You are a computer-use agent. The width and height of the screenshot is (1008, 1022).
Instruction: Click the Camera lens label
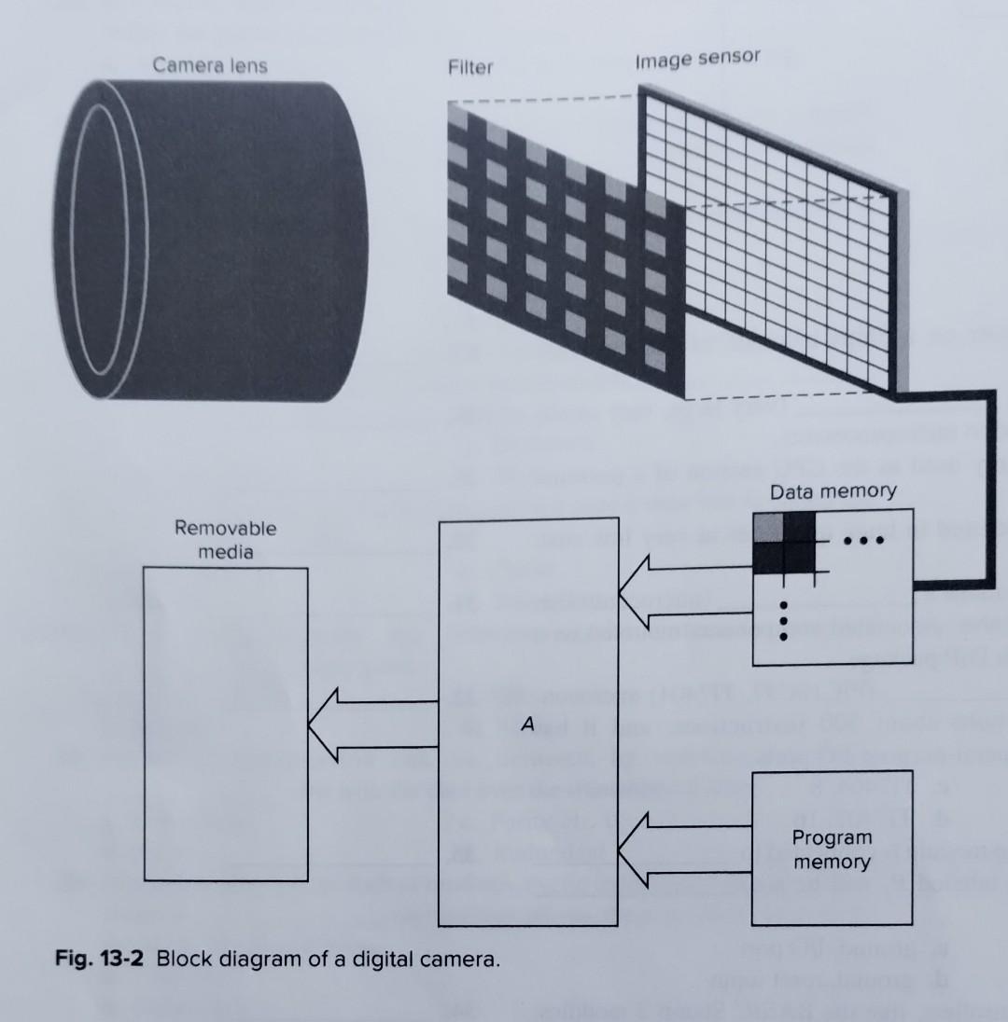point(209,65)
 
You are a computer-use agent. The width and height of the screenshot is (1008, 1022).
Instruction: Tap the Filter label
point(469,67)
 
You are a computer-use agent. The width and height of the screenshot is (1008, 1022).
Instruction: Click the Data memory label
point(833,491)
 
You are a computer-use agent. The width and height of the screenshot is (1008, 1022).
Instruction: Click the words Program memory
point(832,849)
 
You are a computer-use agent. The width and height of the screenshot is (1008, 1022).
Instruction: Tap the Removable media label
point(225,539)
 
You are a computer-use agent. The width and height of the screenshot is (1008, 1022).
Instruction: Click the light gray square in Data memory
point(768,525)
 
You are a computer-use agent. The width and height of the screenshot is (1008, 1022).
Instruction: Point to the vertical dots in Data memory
point(784,619)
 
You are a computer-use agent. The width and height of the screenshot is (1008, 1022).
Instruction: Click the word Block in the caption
point(179,960)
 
